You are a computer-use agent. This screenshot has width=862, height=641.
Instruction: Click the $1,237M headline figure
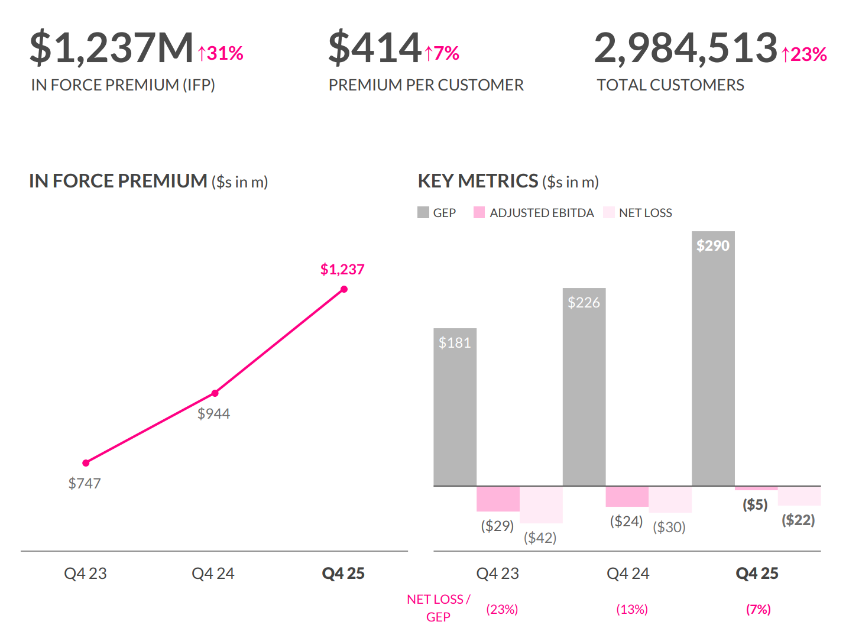coord(112,48)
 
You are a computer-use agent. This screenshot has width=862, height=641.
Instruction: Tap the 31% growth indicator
coord(221,54)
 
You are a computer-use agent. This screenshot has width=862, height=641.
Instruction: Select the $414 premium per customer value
coord(375,48)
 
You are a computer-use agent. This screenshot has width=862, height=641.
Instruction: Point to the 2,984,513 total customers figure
coord(685,48)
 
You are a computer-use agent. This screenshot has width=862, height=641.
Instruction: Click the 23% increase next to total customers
coord(804,54)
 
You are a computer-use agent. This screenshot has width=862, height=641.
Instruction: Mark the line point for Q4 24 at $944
coord(215,393)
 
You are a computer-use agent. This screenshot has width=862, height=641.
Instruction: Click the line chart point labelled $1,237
coord(344,289)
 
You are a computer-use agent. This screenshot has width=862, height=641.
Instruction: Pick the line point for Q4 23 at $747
coord(86,463)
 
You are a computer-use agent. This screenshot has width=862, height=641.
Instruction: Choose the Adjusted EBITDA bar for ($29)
coord(498,499)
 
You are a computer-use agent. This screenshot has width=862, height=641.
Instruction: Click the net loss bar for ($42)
coord(541,505)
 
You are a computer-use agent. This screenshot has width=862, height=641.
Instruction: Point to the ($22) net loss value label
coord(798,520)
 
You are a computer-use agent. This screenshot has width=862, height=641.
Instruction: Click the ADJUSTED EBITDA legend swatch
coord(479,212)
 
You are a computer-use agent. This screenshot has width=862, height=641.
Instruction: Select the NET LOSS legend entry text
coord(645,213)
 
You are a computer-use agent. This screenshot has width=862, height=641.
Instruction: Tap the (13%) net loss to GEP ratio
coord(632,609)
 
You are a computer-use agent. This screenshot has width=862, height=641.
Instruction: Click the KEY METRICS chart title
coord(478,181)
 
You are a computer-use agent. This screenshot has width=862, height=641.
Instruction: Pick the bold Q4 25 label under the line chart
coord(343,573)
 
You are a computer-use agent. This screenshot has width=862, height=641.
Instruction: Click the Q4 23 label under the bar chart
coord(497,573)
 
